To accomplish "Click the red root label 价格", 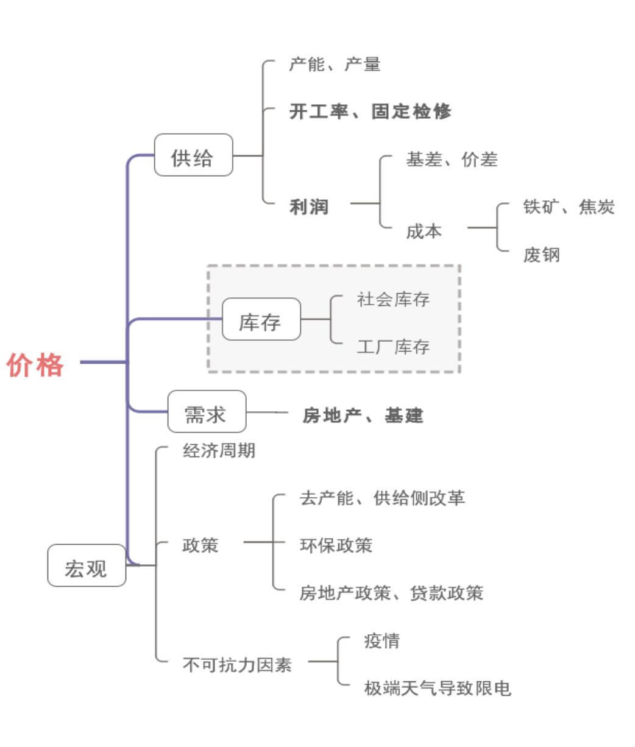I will coord(35,365).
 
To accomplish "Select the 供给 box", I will coord(193,156).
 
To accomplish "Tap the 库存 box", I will coord(261,320).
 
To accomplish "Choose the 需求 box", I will coord(207,412).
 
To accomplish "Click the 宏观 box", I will coord(87,566).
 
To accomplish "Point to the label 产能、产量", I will coord(335,64).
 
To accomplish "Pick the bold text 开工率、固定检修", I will coord(370,112).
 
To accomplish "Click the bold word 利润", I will coord(309,207).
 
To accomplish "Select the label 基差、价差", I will coord(452,160).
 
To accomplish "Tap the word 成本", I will coord(424,231).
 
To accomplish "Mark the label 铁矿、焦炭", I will coord(569,207).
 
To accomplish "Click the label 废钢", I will coord(541,255).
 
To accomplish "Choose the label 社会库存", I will coord(393,299).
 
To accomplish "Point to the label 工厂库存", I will coord(393,347).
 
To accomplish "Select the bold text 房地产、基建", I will coord(363,416).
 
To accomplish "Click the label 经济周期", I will coord(219,451).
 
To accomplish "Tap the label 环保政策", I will coord(336,545).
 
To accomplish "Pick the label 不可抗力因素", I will coord(237,664).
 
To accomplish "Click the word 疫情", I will coord(381,641).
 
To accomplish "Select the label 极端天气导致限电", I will coord(437,689).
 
